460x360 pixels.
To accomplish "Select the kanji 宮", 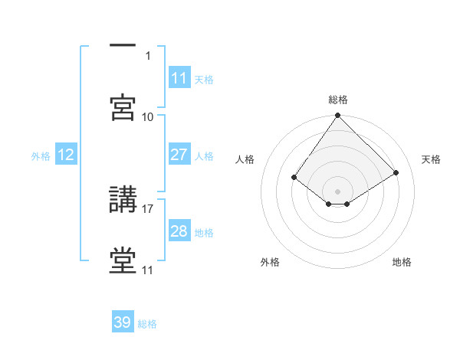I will pos(123,107).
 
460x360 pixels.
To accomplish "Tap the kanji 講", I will pos(123,200).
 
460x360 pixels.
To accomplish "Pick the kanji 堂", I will pos(123,261).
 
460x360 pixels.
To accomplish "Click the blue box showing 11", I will pos(179,78).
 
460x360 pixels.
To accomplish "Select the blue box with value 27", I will pos(179,155).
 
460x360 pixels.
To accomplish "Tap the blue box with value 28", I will pos(179,231).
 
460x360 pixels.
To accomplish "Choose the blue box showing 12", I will pos(66,155).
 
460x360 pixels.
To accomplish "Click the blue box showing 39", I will pos(123,322).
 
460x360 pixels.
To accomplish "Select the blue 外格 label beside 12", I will pos(41,155).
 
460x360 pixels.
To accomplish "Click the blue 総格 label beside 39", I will pos(147,324).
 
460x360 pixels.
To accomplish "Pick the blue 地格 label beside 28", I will pos(204,232).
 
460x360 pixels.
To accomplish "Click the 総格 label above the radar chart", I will pos(338,100).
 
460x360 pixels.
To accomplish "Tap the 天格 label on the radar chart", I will pos(431,159).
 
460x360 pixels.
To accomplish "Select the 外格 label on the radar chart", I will pos(270,263).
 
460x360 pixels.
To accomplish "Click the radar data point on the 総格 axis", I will pos(338,116).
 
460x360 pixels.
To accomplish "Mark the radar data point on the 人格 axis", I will pos(294,177).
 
